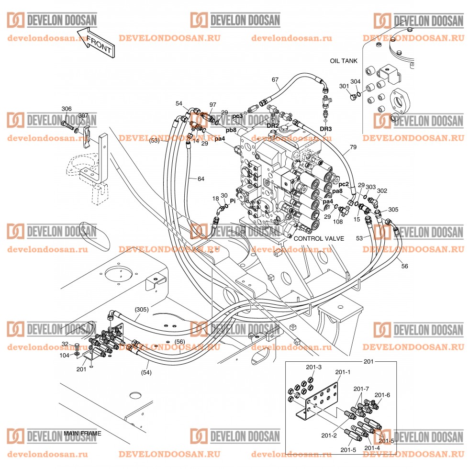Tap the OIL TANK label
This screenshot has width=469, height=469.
pyautogui.click(x=344, y=61)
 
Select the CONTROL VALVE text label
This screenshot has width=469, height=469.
pyautogui.click(x=319, y=238)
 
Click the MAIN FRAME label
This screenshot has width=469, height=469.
pyautogui.click(x=82, y=433)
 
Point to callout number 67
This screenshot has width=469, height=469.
pyautogui.click(x=275, y=79)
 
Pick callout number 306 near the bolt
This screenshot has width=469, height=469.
pyautogui.click(x=67, y=109)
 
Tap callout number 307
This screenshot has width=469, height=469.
pyautogui.click(x=83, y=116)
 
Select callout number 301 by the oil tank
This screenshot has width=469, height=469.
pyautogui.click(x=344, y=86)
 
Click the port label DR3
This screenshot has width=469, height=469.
pyautogui.click(x=325, y=129)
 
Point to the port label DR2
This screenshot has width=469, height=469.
pyautogui.click(x=273, y=126)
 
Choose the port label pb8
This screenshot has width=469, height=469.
pyautogui.click(x=231, y=130)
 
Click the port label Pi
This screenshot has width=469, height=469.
pyautogui.click(x=234, y=201)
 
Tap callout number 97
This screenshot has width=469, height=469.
pyautogui.click(x=212, y=104)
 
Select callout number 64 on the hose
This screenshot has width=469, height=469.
pyautogui.click(x=201, y=179)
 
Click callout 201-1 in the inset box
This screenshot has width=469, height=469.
pyautogui.click(x=343, y=372)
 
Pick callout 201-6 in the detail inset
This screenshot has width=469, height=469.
pyautogui.click(x=382, y=395)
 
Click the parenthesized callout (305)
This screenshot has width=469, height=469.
pyautogui.click(x=141, y=309)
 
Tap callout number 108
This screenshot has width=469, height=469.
pyautogui.click(x=337, y=222)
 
